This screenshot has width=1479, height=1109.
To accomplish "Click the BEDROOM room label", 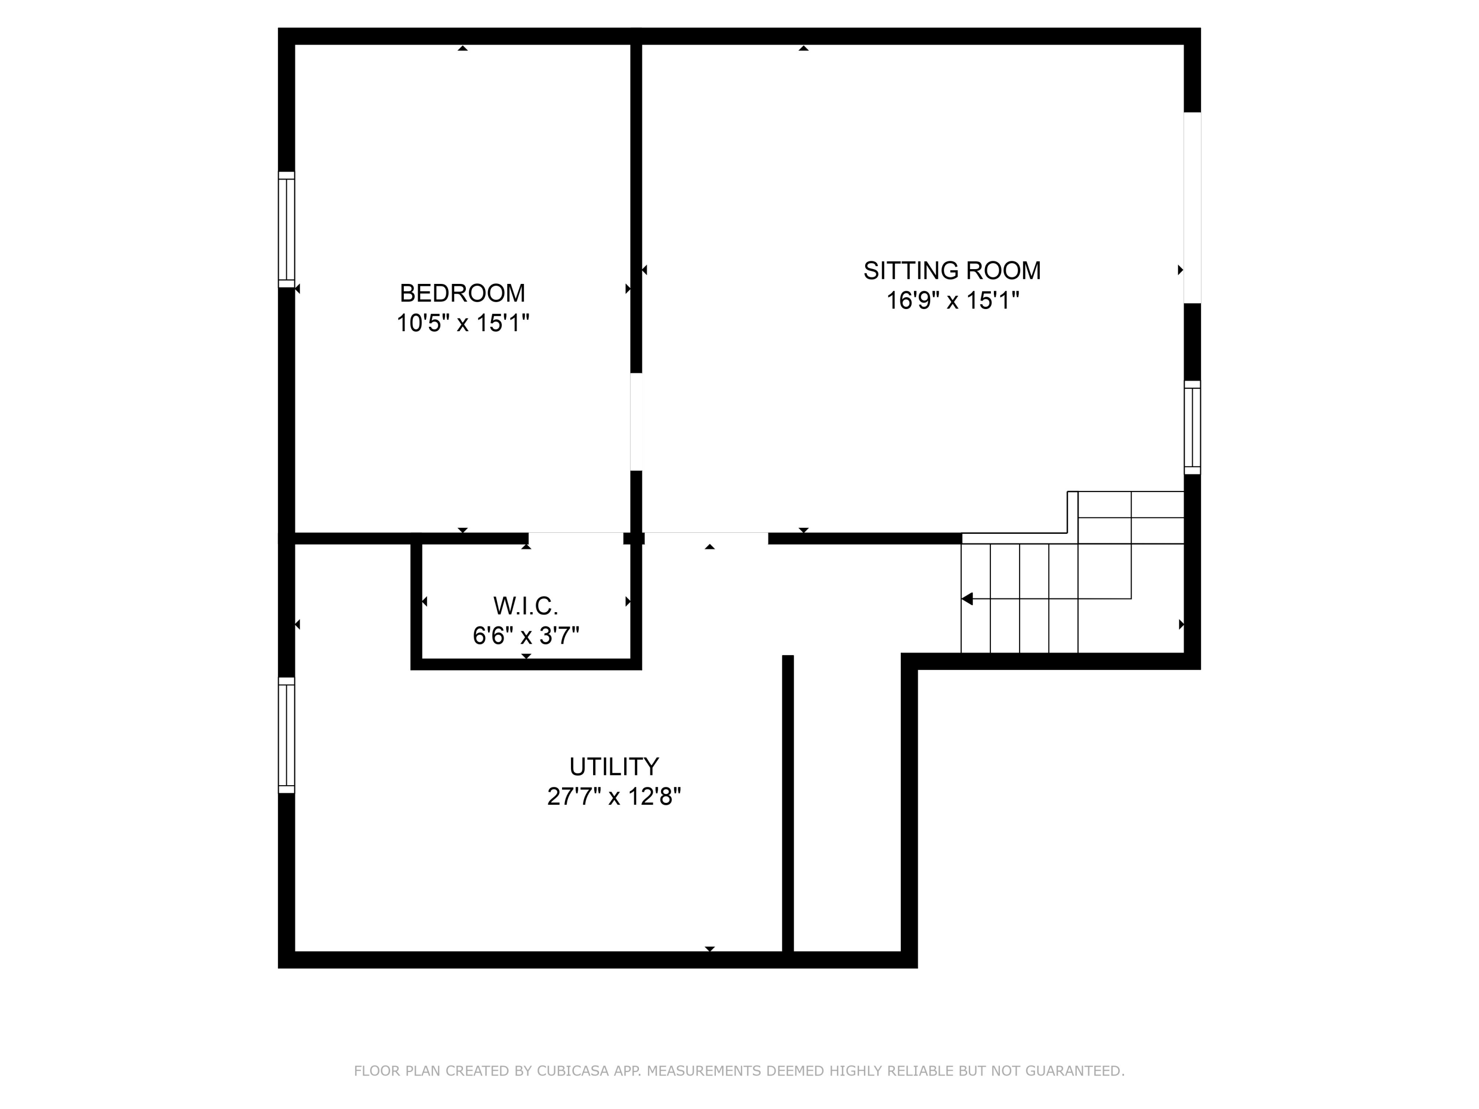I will click(462, 293).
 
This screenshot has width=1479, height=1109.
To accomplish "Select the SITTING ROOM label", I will click(951, 271).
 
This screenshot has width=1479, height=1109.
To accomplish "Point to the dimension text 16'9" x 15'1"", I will click(951, 301).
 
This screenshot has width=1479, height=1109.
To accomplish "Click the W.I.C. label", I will click(526, 606).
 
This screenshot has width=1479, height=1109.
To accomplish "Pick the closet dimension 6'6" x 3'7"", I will click(526, 635).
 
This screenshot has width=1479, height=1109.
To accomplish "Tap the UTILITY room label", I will click(614, 766).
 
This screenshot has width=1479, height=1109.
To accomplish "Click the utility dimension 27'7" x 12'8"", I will click(614, 796).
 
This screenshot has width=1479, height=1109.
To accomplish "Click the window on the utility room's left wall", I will click(286, 735).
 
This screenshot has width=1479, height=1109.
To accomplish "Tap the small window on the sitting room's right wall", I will click(1192, 427).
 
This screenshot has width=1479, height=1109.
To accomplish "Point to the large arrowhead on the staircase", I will click(967, 598).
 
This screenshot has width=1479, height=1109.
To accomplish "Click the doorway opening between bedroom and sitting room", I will click(636, 421).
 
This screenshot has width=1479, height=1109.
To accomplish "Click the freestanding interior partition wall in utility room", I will click(788, 802).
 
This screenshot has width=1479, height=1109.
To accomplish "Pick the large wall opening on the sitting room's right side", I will click(1192, 207).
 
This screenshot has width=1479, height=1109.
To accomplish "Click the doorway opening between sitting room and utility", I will click(706, 538).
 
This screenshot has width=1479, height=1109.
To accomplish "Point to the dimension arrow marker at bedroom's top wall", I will click(462, 48).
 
